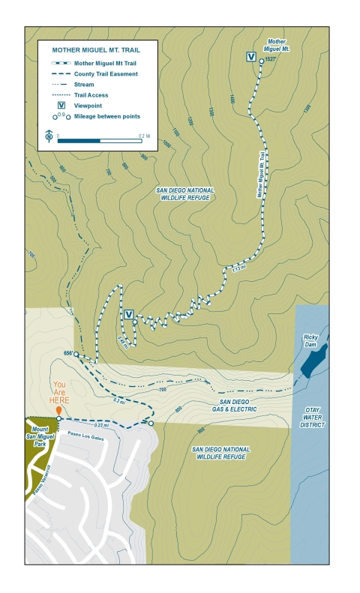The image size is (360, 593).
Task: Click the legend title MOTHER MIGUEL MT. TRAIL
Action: tap(95, 49)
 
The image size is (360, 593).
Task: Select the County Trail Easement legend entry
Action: tap(105, 74)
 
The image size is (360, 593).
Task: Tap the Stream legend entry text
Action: tap(84, 85)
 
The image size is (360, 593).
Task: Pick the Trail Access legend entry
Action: tap(91, 95)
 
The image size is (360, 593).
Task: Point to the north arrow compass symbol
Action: tap(48, 136)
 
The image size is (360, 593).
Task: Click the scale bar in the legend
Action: tap(100, 140)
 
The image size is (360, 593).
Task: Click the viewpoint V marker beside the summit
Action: tap(250, 56)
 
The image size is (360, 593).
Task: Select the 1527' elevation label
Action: tap(272, 60)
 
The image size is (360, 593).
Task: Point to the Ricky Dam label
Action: tap(310, 340)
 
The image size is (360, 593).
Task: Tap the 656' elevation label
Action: tap(67, 353)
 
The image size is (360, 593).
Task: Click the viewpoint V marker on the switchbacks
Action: tap(127, 313)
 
